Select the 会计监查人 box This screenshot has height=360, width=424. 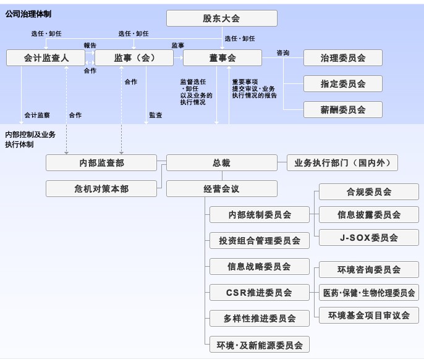[x=45, y=58]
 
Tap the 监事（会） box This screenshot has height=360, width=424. [x=134, y=58]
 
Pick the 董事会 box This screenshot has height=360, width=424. [x=219, y=58]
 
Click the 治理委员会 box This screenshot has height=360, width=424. [x=342, y=58]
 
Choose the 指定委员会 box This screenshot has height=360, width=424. [x=342, y=83]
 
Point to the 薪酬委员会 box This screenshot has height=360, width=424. [x=342, y=109]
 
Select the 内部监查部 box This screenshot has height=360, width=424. [x=101, y=163]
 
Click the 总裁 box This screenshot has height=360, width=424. [x=221, y=163]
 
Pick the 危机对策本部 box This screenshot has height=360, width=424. [x=101, y=188]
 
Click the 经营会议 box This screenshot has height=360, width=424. [x=221, y=188]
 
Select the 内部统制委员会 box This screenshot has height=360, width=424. [x=259, y=215]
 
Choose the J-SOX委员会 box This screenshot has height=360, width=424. [x=368, y=238]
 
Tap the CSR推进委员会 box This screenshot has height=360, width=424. [x=259, y=292]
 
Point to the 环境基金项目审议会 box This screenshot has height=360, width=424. [x=368, y=315]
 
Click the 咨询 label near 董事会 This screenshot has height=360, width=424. [x=283, y=53]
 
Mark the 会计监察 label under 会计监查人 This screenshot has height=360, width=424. [x=37, y=115]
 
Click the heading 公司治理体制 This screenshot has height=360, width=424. [x=28, y=12]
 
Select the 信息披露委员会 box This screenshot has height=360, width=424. [x=368, y=215]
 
